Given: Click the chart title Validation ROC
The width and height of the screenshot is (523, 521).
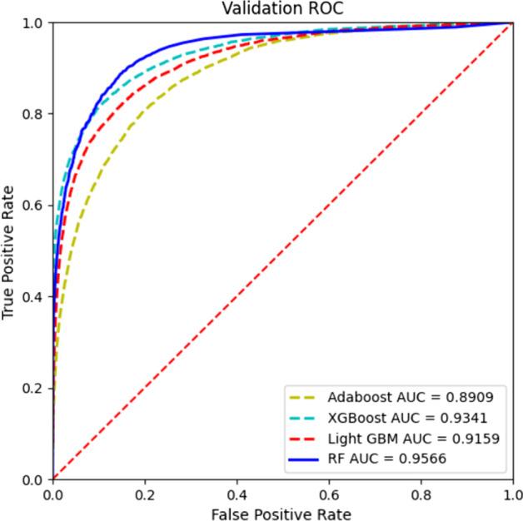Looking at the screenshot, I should [281, 8].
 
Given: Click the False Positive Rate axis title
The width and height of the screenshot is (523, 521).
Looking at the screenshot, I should [281, 513].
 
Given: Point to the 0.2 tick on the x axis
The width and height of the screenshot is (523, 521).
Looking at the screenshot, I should [145, 494].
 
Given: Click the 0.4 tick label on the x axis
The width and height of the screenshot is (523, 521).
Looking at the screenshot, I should [237, 494].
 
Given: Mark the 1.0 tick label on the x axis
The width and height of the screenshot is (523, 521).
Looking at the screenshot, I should [511, 494].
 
